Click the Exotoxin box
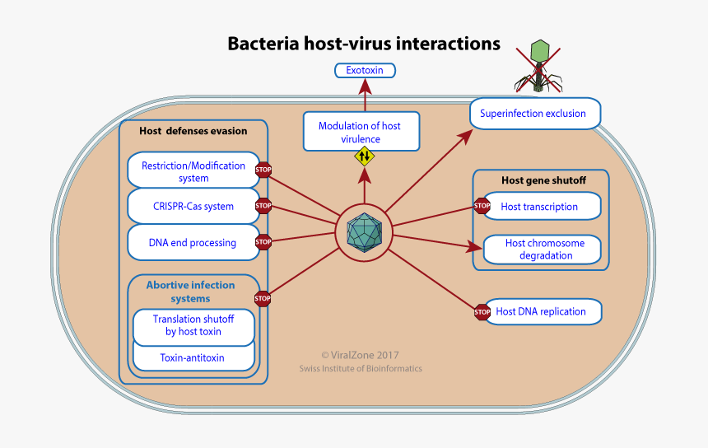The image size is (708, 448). tap(365, 71)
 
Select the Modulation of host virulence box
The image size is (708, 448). tap(360, 132)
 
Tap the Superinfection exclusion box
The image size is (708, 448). tap(534, 114)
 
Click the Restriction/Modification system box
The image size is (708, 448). tap(193, 171)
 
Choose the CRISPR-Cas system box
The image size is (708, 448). tap(193, 207)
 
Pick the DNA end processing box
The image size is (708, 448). tap(193, 243)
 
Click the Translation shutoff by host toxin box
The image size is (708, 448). tap(193, 325)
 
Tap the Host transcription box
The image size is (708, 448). tap(541, 207)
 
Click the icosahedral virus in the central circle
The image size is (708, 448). tap(363, 233)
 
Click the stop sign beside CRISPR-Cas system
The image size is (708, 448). tap(263, 206)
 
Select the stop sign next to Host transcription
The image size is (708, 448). tap(482, 205)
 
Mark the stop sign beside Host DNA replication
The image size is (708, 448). tap(482, 311)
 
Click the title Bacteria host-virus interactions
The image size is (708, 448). tap(364, 44)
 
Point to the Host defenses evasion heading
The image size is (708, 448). tap(193, 131)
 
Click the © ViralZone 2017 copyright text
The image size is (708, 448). tap(360, 354)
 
